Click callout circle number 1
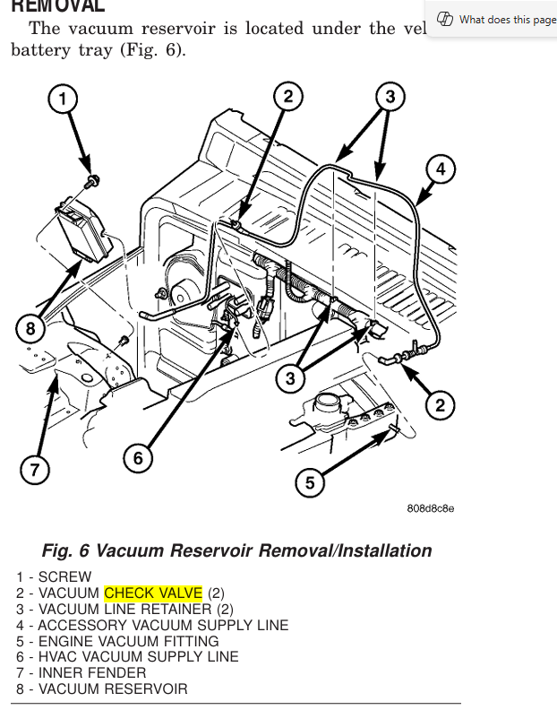(63, 99)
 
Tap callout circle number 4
(440, 169)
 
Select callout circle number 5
(310, 483)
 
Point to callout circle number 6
(138, 458)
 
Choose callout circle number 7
(34, 470)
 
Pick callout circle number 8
(30, 328)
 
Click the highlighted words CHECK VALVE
(153, 593)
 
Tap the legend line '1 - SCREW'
(54, 576)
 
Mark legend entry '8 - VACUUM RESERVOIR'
(102, 689)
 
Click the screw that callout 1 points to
(90, 183)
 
